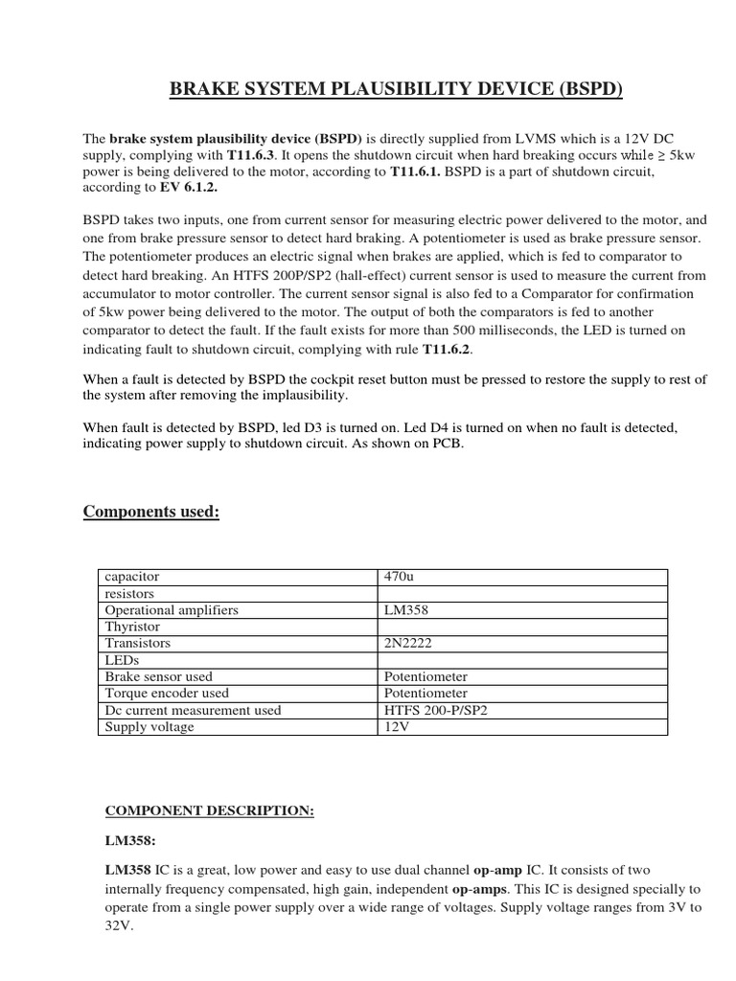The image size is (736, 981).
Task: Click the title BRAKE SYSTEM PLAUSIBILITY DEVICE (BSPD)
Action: pos(396,91)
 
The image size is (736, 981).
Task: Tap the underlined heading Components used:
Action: pos(151,512)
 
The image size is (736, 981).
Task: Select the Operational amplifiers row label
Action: pos(172,609)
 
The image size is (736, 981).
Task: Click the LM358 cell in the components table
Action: pos(406,609)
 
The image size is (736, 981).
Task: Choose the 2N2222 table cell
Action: pos(408,643)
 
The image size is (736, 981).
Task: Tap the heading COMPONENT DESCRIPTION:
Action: pos(209,810)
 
